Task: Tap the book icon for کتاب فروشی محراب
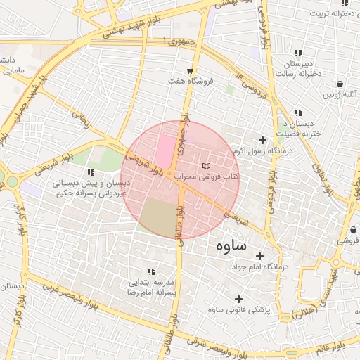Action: (x=205, y=166)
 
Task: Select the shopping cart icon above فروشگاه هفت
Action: (x=190, y=70)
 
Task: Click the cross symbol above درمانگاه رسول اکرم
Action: (x=263, y=140)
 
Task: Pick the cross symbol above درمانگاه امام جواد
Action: (x=259, y=256)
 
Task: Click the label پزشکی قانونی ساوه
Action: (x=239, y=309)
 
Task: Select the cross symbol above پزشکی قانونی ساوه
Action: (x=239, y=298)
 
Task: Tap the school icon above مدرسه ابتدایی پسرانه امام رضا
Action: (x=150, y=271)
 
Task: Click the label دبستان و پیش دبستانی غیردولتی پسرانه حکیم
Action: (x=90, y=187)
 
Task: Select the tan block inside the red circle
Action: (x=157, y=217)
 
